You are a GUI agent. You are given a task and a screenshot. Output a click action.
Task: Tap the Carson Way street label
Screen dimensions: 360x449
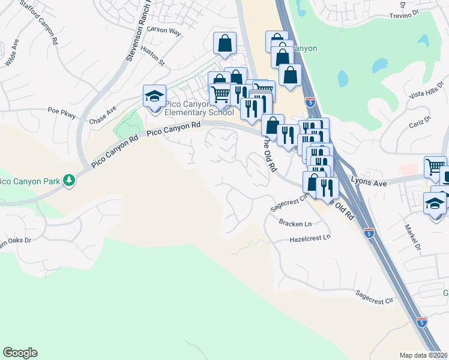point(163,29)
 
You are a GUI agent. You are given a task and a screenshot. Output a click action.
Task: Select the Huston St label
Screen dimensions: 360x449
point(154,57)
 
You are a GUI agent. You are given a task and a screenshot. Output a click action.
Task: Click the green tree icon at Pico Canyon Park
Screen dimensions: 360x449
point(70,179)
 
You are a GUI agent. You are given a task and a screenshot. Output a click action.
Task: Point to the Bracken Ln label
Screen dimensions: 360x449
point(295,223)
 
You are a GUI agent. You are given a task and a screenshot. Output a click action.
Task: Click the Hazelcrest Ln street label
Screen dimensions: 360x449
point(310,238)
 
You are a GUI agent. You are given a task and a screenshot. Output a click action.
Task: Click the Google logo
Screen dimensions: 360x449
point(20,353)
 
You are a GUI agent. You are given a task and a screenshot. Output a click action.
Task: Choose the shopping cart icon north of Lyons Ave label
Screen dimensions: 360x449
point(435,166)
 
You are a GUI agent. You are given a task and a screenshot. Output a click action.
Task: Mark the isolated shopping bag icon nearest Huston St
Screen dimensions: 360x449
point(224,43)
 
